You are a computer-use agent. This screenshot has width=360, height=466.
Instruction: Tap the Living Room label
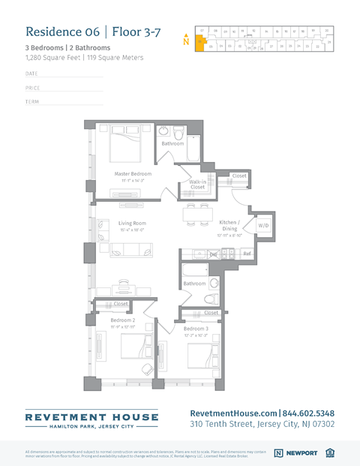(x=132, y=223)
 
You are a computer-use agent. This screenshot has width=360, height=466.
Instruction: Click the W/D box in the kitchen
(x=263, y=225)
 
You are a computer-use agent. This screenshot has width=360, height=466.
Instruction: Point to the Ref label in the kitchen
(x=247, y=254)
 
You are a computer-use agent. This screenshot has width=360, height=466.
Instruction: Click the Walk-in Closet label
(x=198, y=184)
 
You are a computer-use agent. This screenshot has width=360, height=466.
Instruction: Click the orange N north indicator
(x=186, y=40)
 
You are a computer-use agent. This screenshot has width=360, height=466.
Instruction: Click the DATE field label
(x=31, y=74)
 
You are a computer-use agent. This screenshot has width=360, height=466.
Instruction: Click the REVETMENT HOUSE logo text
(x=91, y=416)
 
